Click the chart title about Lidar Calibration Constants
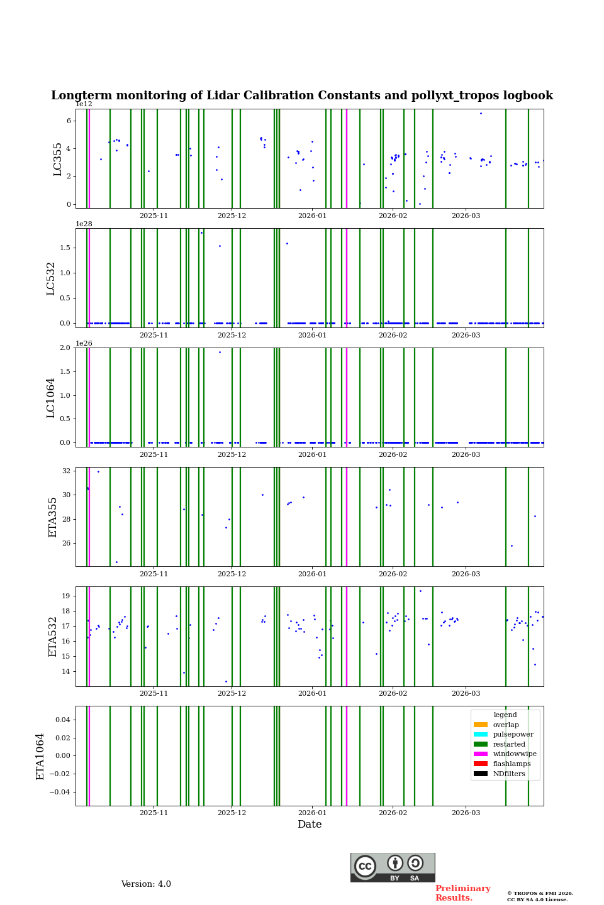tap(302, 96)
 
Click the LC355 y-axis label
tap(58, 159)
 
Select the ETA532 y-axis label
tap(53, 637)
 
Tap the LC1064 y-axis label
tap(51, 398)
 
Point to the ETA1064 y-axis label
tap(40, 756)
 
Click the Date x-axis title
tap(310, 825)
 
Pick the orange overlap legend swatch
tap(481, 725)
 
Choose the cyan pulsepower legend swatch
tap(481, 735)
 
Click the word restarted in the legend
tap(509, 745)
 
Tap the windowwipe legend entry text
tap(515, 754)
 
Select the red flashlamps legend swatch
tap(481, 764)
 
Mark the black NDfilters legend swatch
tap(481, 774)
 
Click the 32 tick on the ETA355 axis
tap(67, 471)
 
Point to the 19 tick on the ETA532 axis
tap(67, 596)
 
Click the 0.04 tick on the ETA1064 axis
tap(62, 720)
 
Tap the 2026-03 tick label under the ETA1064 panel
tap(466, 813)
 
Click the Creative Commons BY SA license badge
tap(393, 867)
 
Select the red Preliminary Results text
tap(462, 893)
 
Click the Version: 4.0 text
tap(146, 884)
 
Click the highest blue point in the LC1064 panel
tap(220, 352)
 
